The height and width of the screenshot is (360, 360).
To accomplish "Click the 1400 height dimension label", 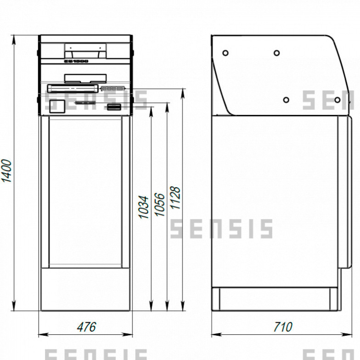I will (x=6, y=171).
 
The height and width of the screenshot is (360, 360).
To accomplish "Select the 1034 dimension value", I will (x=144, y=207).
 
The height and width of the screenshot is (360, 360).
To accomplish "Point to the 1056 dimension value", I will (x=159, y=204).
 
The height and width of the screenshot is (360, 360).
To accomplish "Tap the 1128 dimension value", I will (x=175, y=198).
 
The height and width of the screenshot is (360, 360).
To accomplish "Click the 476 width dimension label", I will (x=86, y=327).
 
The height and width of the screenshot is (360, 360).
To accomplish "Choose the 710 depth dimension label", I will (x=282, y=327).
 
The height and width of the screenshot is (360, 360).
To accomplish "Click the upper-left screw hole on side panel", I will (x=225, y=53).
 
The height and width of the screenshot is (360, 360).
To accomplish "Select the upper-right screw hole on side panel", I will (x=277, y=53).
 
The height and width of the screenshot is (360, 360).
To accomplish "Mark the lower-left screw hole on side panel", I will (x=286, y=100).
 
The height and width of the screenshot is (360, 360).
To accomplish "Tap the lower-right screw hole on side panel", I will (x=337, y=100).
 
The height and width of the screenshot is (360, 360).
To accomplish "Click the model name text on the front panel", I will (x=76, y=60).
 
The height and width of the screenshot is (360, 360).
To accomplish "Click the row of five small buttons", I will (x=113, y=88).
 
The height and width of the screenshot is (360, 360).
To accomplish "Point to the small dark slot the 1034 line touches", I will (x=114, y=107).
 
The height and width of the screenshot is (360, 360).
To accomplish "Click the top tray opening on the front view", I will (x=85, y=48).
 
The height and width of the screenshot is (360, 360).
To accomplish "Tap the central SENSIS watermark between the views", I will (x=221, y=229).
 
